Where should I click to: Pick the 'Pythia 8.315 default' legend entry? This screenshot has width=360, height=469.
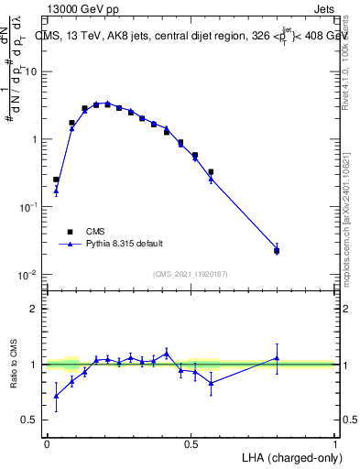(125, 244)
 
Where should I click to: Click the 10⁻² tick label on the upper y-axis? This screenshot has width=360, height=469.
(27, 275)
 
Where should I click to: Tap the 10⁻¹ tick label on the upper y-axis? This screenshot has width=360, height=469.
(27, 207)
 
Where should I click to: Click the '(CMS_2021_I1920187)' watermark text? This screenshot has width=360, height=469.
(191, 274)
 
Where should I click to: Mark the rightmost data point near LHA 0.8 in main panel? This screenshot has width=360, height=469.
(277, 250)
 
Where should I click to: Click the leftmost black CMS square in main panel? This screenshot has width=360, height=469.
(56, 180)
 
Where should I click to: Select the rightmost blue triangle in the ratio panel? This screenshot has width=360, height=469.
(277, 358)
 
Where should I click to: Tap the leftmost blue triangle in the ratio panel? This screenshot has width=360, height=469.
(56, 396)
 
